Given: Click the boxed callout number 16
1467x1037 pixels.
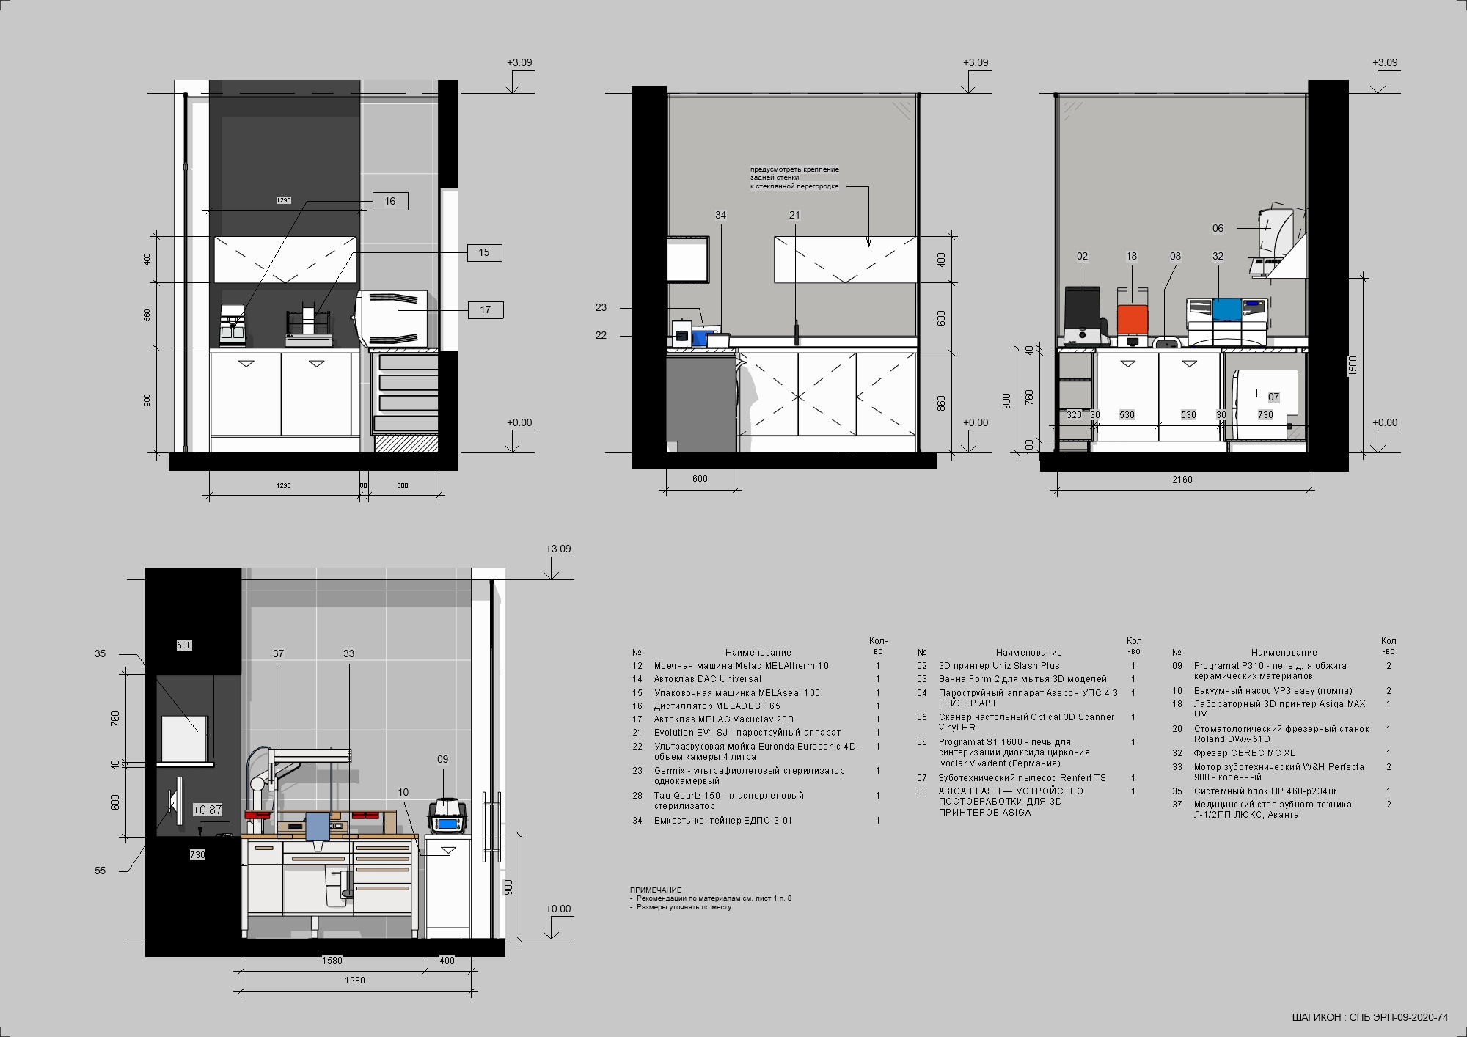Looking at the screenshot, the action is coord(389,201).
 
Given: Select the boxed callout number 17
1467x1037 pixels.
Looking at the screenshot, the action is coord(485,310).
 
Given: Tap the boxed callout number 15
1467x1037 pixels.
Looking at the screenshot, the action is coord(484,253).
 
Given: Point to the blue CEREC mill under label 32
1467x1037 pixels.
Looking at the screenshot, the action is coord(1226,309).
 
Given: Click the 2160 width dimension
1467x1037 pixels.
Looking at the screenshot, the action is coord(1182,480).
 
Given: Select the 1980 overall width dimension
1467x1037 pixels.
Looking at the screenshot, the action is coord(354,980).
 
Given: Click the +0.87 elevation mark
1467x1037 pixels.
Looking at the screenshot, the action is coord(207,810).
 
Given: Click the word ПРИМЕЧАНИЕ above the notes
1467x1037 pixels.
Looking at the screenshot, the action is coord(656,890).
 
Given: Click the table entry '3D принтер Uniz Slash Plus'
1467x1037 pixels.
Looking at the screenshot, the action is coord(999,666).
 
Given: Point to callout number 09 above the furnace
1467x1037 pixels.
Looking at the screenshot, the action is coord(442,759).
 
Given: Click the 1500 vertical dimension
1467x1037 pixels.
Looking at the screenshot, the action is coord(1353,365).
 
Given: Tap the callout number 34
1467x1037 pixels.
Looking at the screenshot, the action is coord(720,215).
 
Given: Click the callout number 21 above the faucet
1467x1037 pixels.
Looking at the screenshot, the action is coord(794,215).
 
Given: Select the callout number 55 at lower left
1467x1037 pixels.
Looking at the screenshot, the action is coord(100,871).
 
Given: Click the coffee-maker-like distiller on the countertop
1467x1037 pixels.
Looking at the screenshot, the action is coord(233,324).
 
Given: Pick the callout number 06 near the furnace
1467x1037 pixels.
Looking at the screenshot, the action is coord(1218,228).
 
